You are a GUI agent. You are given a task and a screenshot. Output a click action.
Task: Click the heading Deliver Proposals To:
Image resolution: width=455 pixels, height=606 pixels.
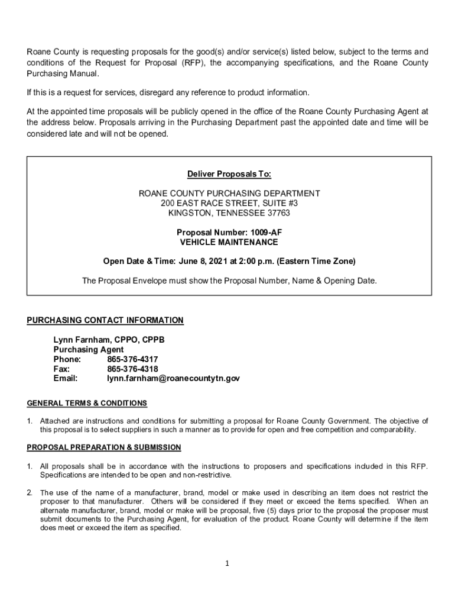229,174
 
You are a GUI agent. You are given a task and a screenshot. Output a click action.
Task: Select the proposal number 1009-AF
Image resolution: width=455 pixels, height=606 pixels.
262,233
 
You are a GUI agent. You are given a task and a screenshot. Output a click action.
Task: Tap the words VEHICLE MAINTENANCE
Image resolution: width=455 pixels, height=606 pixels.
229,242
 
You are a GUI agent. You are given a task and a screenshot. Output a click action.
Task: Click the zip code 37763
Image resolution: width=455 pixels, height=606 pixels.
278,213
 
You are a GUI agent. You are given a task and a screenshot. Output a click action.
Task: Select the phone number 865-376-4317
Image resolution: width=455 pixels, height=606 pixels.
132,359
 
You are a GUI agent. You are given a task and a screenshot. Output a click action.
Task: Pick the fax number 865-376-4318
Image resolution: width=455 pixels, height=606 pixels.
132,369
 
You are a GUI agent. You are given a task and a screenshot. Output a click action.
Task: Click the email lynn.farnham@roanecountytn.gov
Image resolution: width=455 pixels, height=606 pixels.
173,378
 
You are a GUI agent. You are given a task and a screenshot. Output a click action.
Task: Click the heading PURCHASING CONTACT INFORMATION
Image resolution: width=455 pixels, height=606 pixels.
105,320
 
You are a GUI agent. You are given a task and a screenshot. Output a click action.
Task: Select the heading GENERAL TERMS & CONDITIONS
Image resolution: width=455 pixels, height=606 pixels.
87,403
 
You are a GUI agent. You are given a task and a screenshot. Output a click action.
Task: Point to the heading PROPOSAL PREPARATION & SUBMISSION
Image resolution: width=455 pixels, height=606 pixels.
104,447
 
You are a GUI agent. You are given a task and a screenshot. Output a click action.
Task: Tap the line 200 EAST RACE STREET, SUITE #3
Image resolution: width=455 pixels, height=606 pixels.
229,203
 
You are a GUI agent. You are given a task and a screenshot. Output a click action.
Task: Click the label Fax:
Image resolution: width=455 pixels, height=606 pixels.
62,369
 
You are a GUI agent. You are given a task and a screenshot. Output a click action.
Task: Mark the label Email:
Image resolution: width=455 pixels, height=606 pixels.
66,378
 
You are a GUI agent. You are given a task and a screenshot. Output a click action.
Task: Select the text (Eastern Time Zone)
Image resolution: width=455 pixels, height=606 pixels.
317,261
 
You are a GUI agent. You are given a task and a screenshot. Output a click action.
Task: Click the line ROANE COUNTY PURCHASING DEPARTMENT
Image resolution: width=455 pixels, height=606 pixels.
229,194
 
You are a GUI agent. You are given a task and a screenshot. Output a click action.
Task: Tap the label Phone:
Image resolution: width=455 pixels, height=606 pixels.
67,359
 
